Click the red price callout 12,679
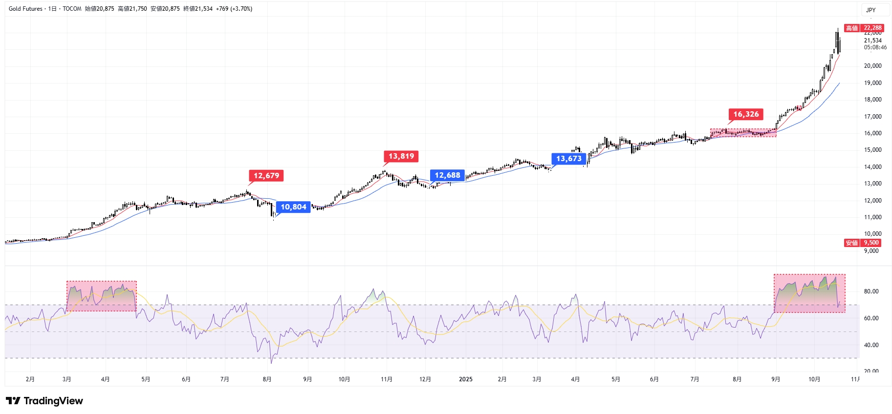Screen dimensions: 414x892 pos(266,176)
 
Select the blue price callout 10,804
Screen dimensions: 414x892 pos(293,207)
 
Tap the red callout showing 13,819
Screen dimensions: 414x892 pos(401,156)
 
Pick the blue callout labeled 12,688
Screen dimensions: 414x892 pos(447,175)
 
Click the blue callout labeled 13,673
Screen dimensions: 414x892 pos(569,159)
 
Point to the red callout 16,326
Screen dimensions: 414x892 pos(746,114)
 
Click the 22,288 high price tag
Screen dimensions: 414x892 pos(872,28)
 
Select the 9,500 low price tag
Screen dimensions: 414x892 pos(871,243)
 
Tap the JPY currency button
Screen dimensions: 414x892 pos(871,10)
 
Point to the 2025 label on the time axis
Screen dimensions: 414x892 pos(466,379)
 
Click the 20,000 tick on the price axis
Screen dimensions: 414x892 pos(872,66)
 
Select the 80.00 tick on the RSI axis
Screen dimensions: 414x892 pos(871,291)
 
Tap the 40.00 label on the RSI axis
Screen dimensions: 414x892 pos(871,345)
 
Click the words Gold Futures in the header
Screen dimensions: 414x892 pos(25,9)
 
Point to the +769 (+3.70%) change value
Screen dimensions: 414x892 pos(234,9)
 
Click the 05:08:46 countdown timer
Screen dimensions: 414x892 pos(875,47)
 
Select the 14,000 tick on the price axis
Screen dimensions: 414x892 pos(872,167)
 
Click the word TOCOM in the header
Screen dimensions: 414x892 pos(72,9)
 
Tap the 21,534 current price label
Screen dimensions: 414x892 pos(872,41)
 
